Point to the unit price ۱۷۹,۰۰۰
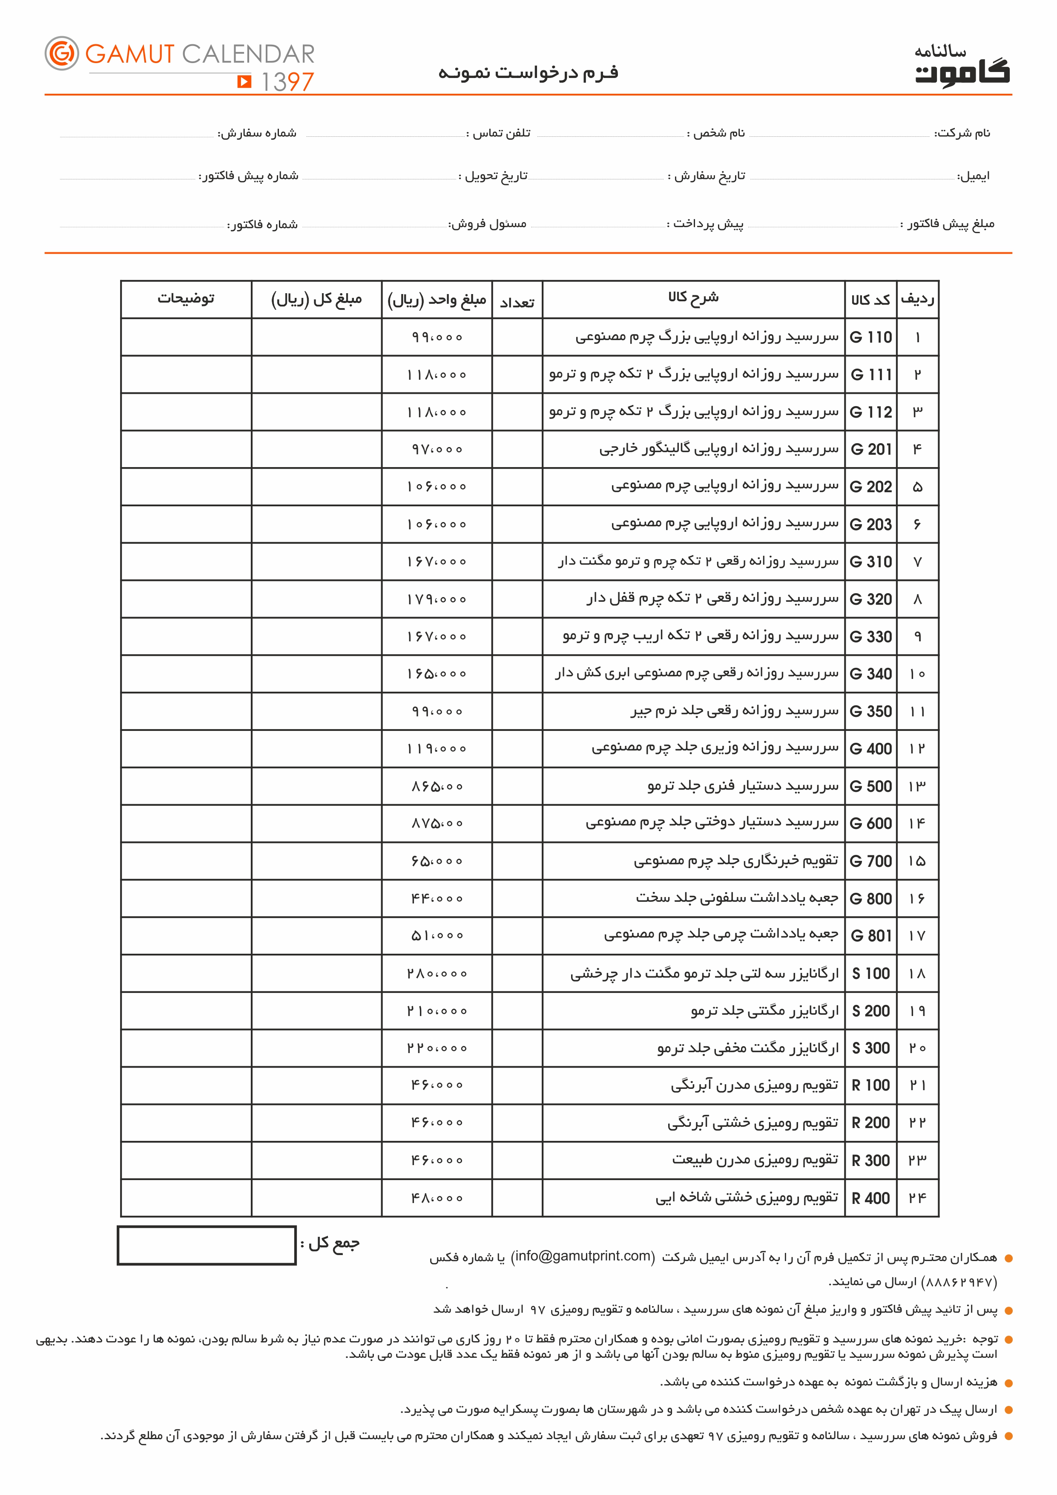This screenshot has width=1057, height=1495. click(x=437, y=599)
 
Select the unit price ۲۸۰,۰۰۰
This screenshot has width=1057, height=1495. click(x=437, y=973)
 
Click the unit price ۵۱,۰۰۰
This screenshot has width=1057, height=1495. click(x=437, y=936)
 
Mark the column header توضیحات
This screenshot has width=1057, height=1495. click(x=186, y=299)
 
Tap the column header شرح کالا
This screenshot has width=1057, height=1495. click(x=693, y=297)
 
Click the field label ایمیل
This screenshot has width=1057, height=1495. click(x=974, y=176)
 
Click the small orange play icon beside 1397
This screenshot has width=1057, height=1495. click(x=244, y=81)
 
